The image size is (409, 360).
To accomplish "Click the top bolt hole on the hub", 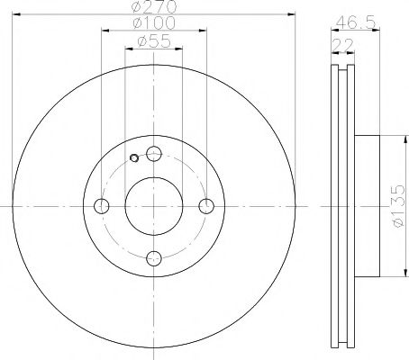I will click(154, 153).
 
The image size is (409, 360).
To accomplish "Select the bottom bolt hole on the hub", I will click(154, 258).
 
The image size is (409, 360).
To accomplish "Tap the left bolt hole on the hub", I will click(101, 206).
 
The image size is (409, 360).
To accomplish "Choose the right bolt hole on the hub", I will click(206, 206).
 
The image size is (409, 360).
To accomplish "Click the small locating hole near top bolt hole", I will click(134, 159).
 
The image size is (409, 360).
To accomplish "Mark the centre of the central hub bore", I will click(154, 206).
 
